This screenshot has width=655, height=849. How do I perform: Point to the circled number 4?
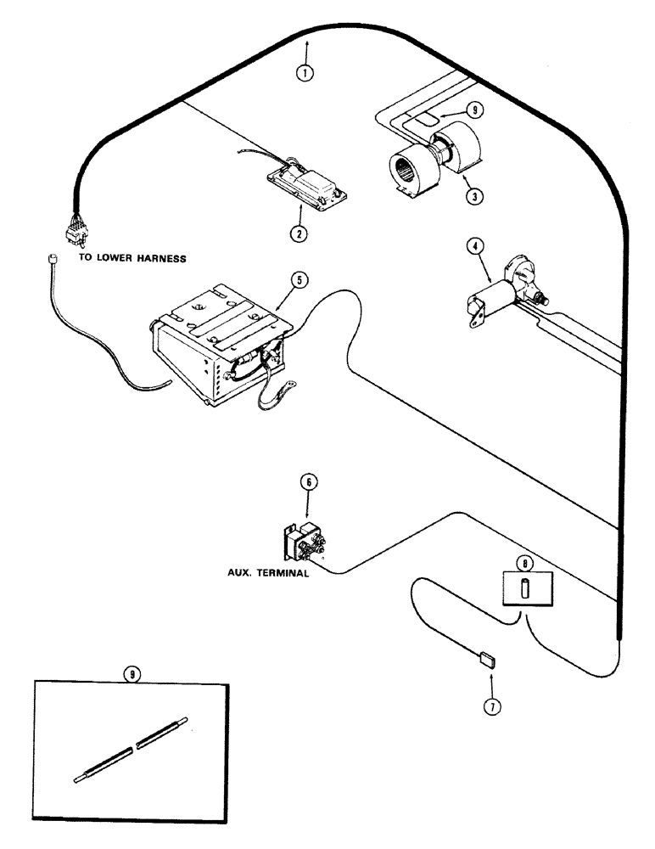(477, 247)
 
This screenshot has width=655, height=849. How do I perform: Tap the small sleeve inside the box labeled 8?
(524, 588)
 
